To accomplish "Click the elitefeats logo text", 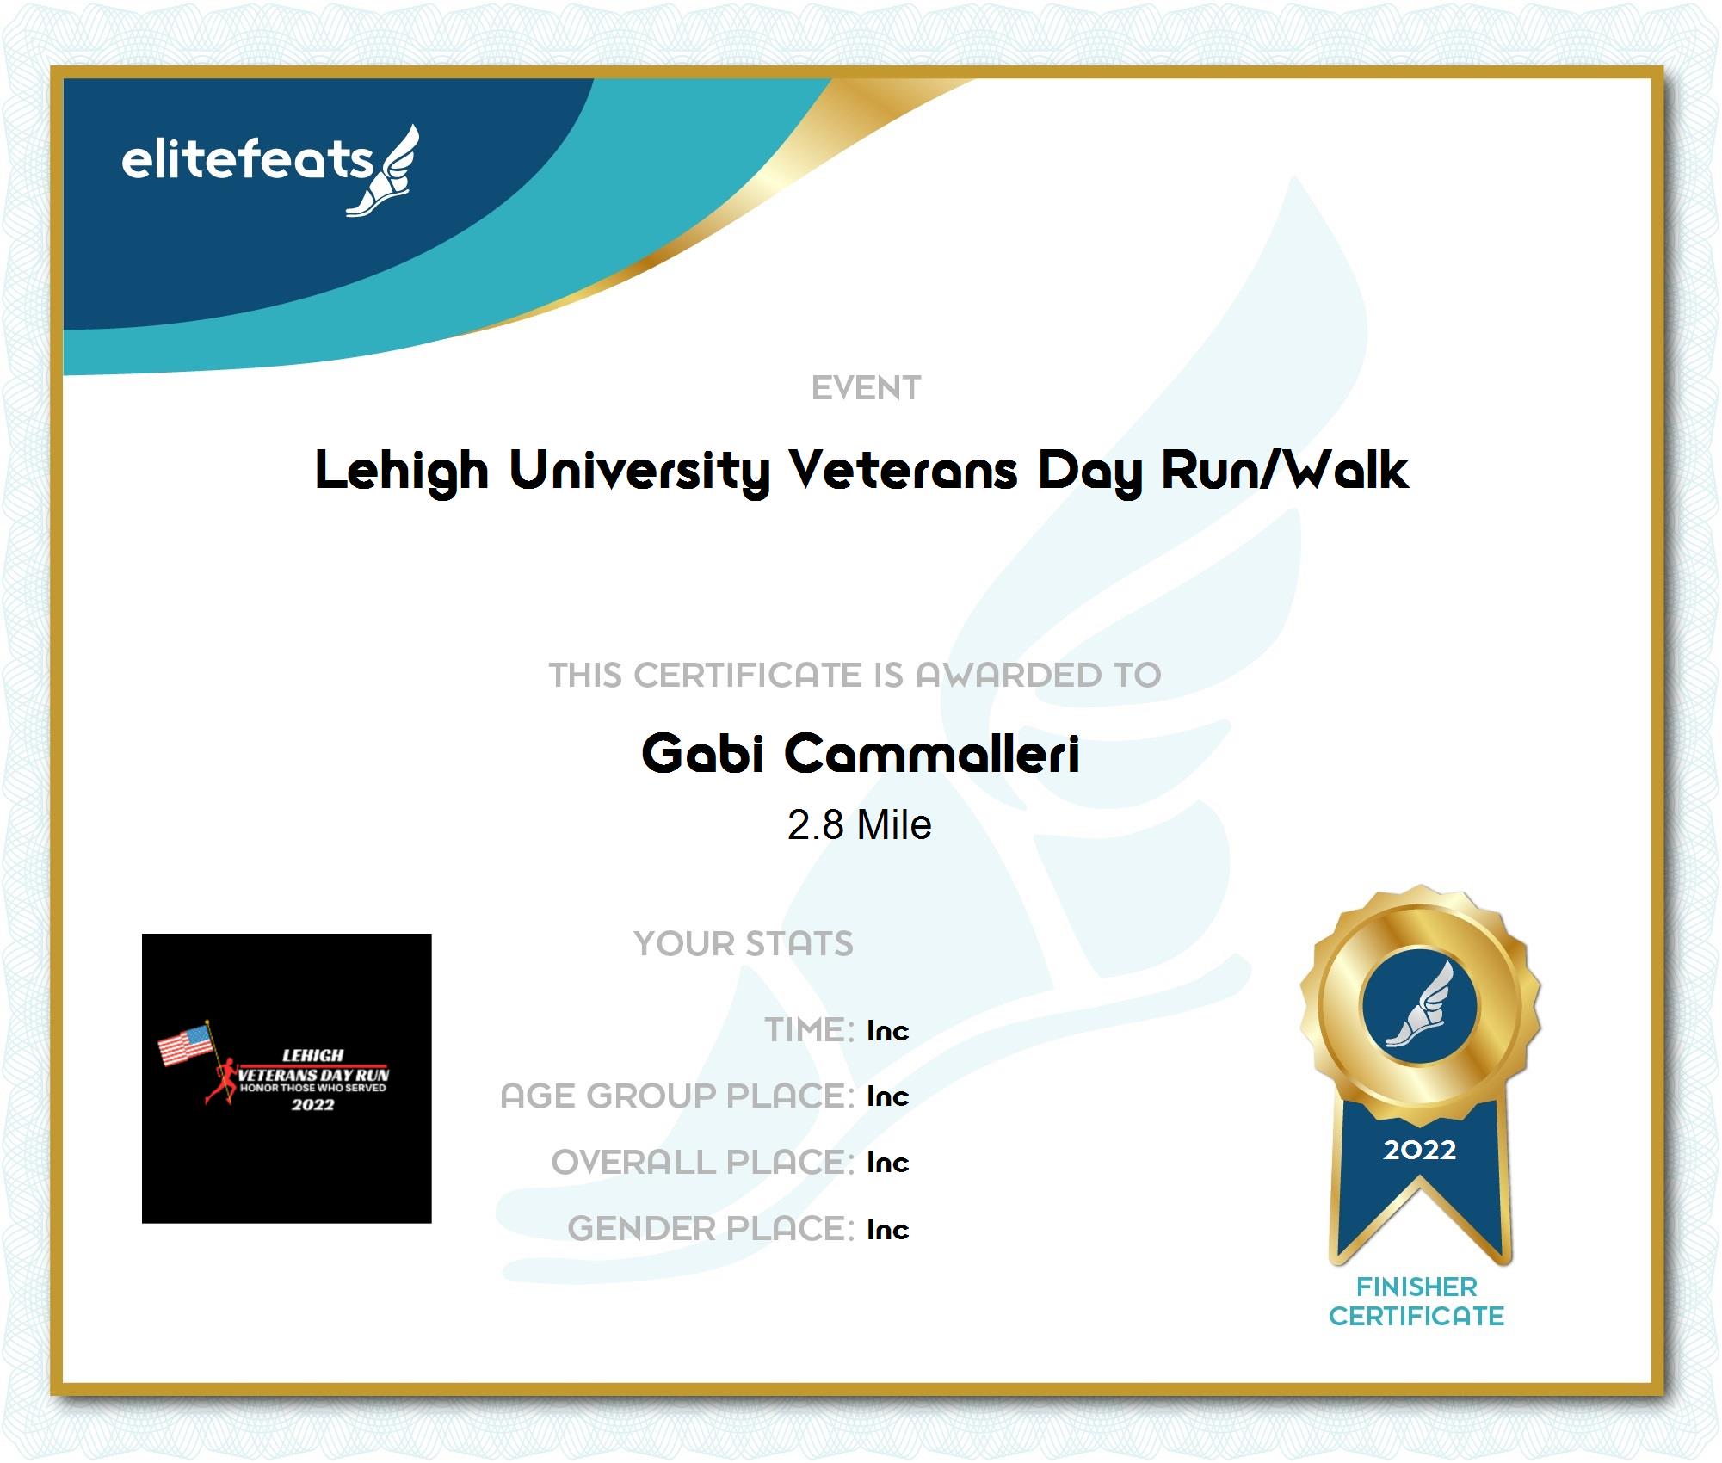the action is tap(247, 160).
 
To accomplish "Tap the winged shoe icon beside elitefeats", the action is tap(384, 170).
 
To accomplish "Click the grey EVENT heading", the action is tap(866, 389).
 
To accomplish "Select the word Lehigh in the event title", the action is tap(402, 472).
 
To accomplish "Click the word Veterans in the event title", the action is tap(904, 470).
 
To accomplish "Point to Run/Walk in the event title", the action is tap(1285, 470).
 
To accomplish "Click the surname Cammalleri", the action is tap(932, 754).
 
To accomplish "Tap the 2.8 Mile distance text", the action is tap(859, 825).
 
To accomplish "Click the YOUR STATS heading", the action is tap(744, 944).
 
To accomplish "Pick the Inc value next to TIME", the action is tap(888, 1031).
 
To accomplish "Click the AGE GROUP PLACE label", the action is tap(677, 1096).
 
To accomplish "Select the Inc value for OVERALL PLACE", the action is tap(888, 1163).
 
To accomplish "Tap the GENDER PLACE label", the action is tap(711, 1229).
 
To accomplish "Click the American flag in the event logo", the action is tap(185, 1044).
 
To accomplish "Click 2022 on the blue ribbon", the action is tap(1419, 1150).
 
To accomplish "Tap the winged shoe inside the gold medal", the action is tap(1419, 1004).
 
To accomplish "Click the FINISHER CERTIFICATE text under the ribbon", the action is tap(1416, 1301).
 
